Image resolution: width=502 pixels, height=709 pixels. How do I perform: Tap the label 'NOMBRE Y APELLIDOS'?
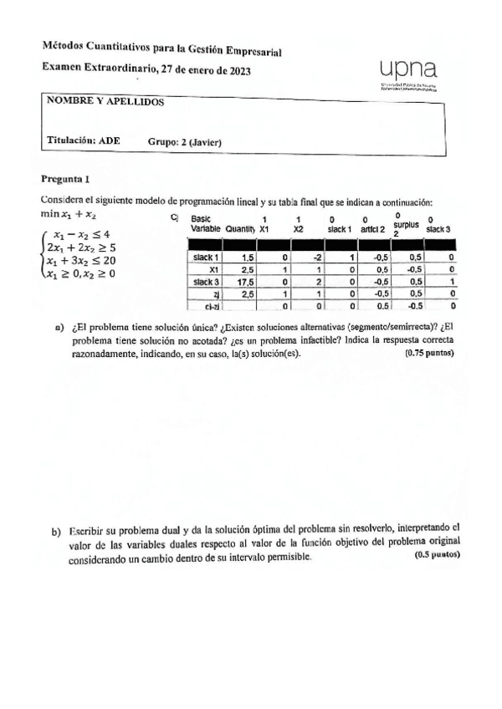coord(105,102)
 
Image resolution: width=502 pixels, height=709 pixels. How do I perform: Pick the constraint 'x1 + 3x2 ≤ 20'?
coord(80,260)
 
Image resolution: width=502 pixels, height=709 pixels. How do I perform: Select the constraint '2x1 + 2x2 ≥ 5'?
coord(81,247)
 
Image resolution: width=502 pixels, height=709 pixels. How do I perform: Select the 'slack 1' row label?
coord(206,258)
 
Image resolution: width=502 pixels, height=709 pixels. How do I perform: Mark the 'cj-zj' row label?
coord(212,307)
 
